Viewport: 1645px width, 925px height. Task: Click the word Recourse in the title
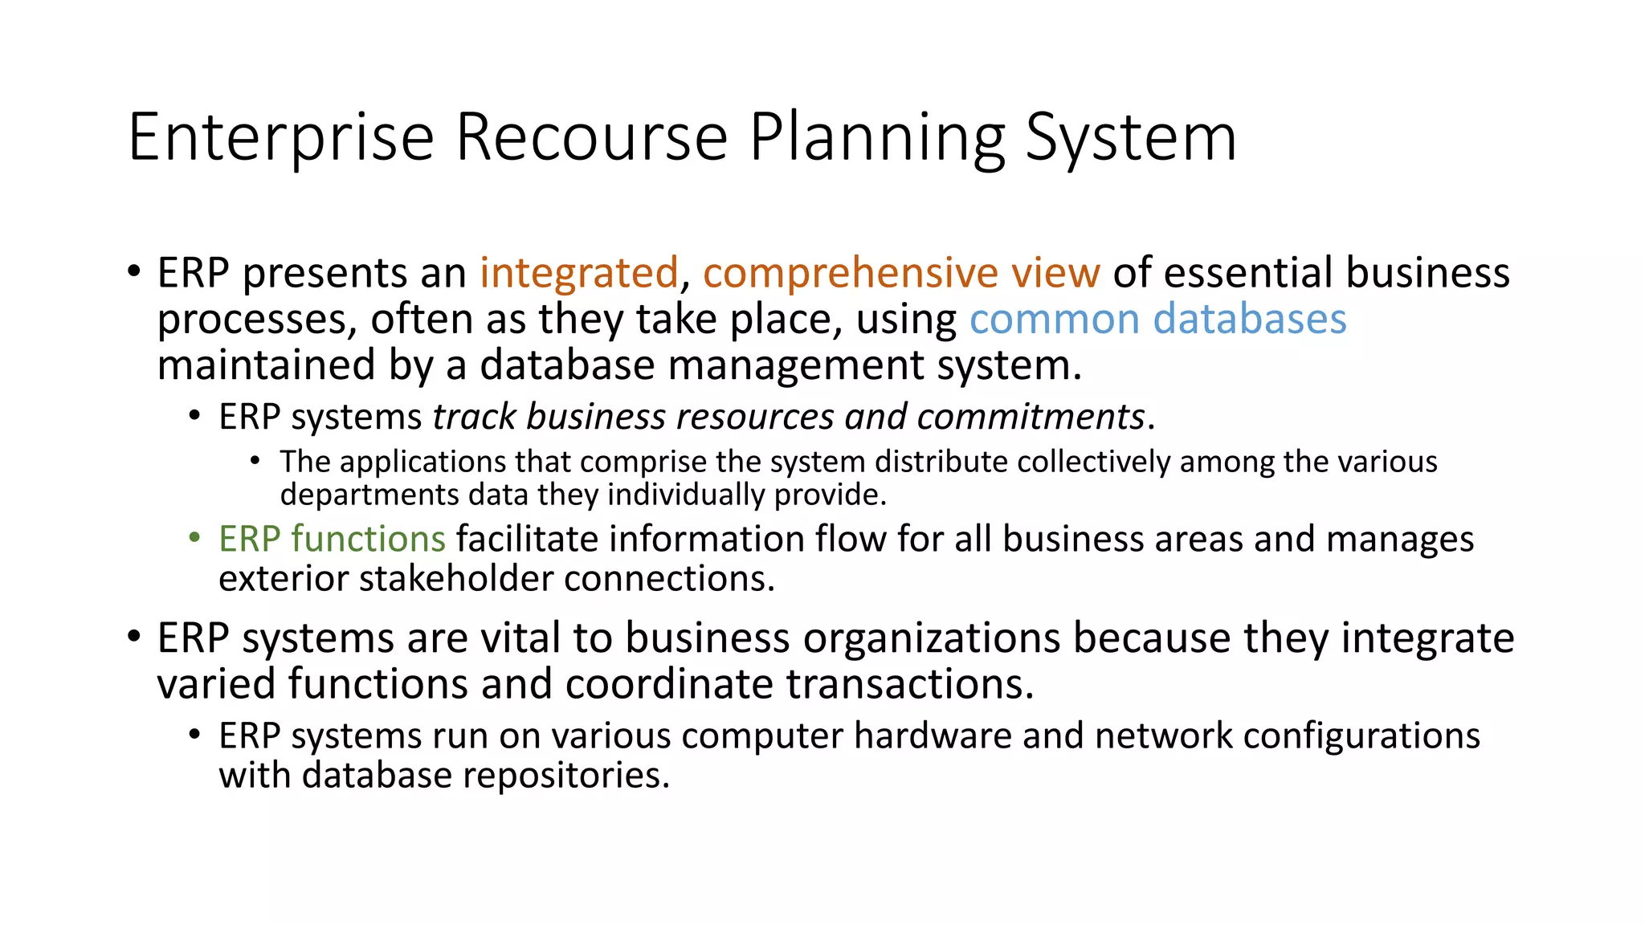coord(591,138)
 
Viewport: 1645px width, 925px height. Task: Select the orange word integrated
coord(579,273)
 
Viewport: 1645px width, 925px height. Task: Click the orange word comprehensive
coord(851,273)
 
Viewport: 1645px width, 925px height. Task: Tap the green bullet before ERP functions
coord(194,537)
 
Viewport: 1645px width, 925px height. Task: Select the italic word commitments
coord(1030,417)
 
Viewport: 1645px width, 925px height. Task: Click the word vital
coord(520,638)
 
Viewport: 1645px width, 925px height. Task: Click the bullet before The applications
coord(255,461)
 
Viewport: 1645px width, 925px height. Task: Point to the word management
coord(796,365)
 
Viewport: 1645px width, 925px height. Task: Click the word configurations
coord(1361,736)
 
